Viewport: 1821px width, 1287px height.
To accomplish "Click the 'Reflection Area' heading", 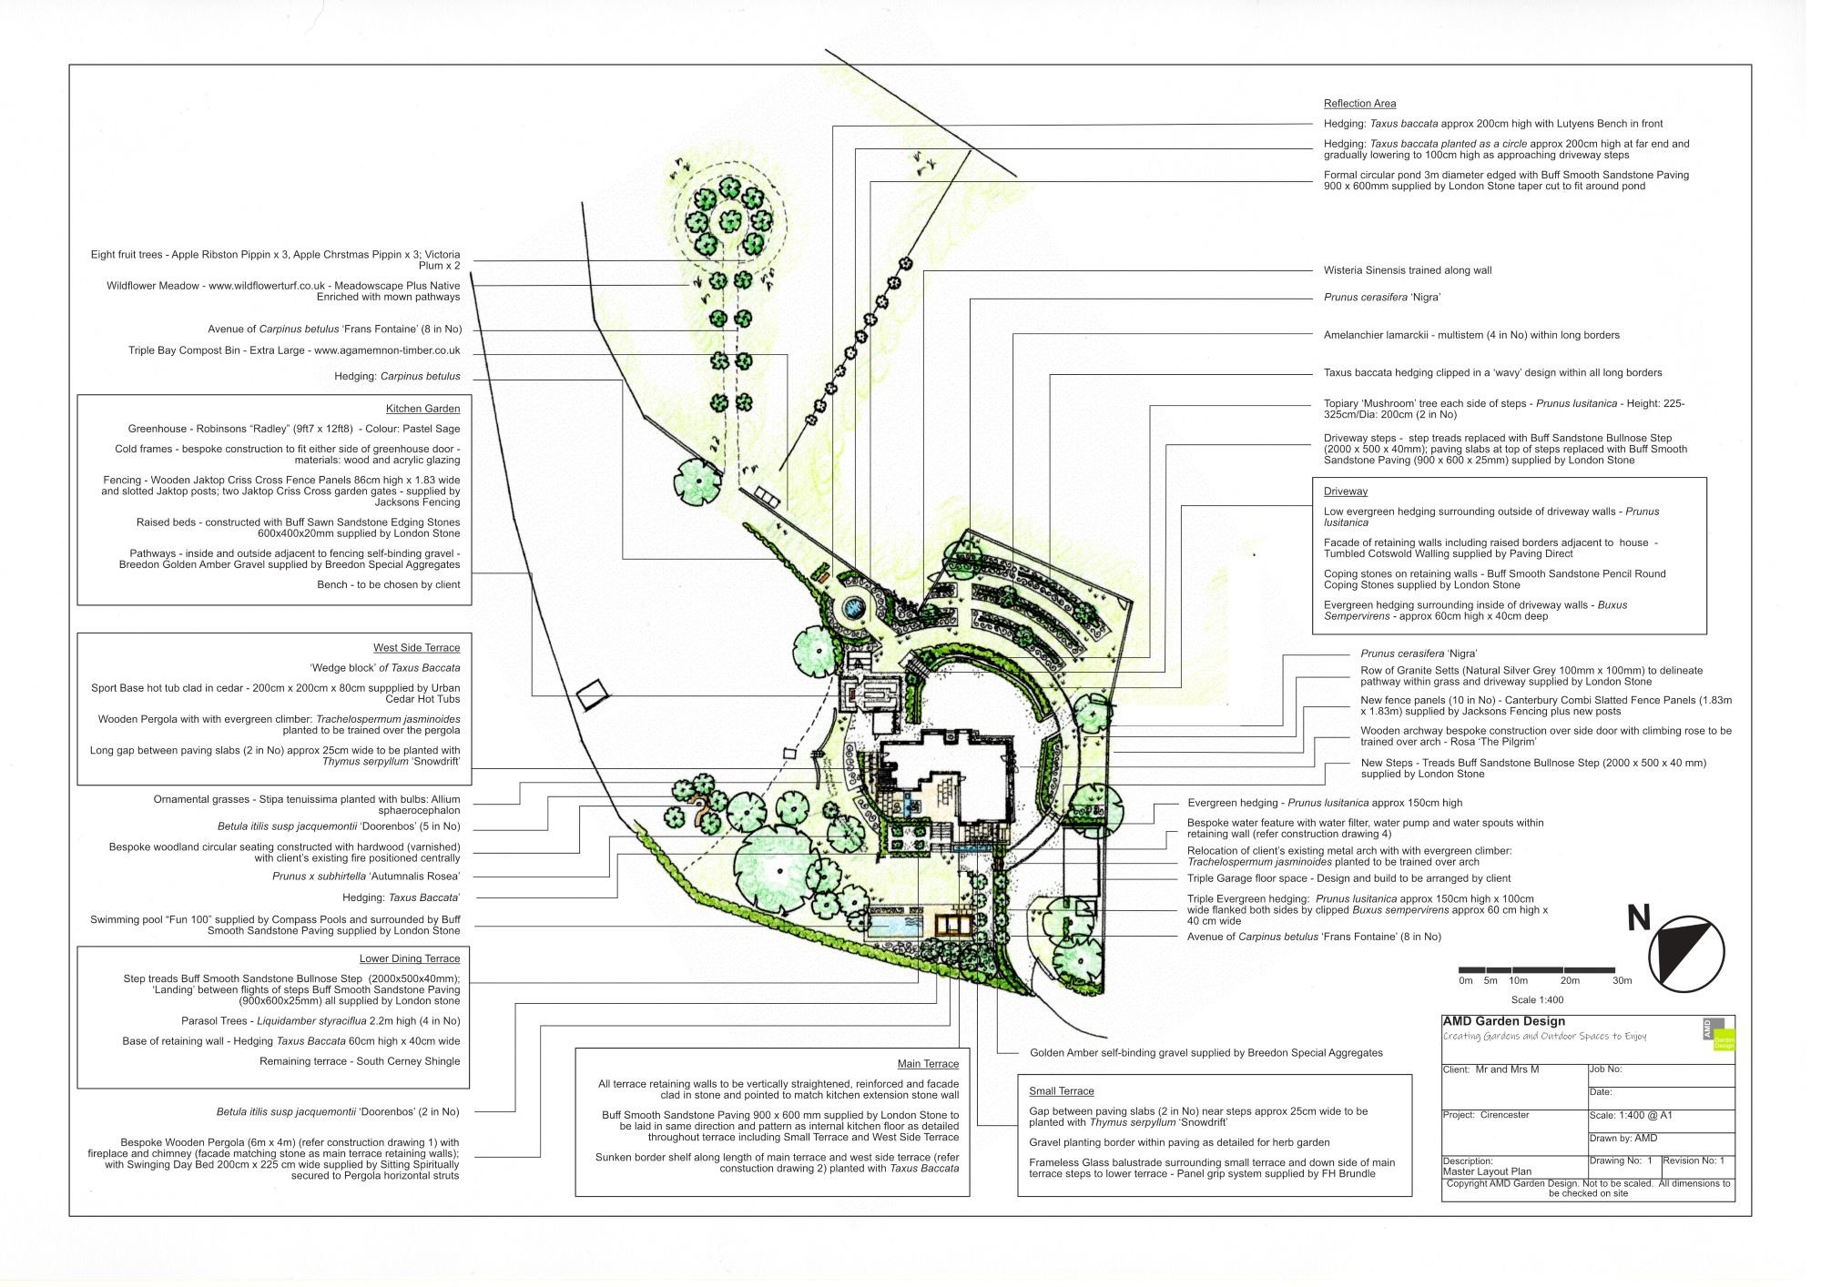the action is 1359,104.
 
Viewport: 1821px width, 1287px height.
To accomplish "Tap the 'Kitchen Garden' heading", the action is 422,409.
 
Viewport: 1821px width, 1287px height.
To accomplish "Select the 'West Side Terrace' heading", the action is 416,648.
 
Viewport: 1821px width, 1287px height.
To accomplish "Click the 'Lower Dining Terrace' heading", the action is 410,958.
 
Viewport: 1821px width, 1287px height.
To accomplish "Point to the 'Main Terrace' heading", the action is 928,1064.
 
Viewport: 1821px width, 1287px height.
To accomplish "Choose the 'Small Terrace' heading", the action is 1061,1091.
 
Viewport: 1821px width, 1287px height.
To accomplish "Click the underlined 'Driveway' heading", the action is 1345,491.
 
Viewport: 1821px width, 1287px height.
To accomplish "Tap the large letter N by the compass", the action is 1639,918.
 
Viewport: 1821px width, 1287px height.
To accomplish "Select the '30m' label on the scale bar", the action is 1622,981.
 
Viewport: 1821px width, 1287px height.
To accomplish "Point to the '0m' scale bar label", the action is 1465,981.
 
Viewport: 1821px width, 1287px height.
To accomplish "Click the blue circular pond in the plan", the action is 854,605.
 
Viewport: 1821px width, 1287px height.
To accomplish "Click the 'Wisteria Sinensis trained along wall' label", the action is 1407,270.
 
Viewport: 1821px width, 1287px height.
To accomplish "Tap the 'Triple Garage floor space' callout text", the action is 1348,878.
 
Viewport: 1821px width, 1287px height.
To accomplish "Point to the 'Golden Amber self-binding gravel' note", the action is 1206,1053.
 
